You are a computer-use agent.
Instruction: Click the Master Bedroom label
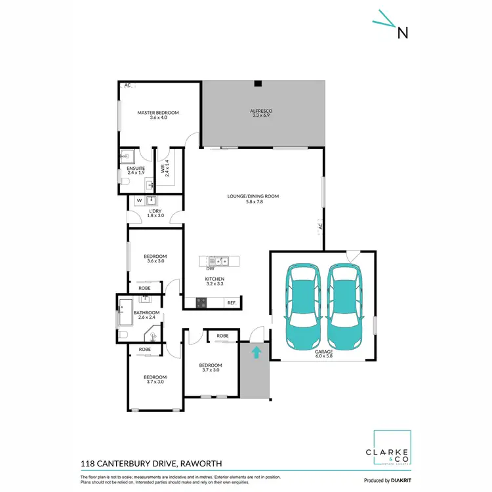tap(157, 113)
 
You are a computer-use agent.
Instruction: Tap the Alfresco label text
tap(261, 112)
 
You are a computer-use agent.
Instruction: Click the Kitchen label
tap(215, 279)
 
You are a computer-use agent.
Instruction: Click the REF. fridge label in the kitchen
tap(232, 302)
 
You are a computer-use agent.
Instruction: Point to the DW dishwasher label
tap(211, 268)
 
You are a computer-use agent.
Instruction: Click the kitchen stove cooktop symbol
tap(201, 302)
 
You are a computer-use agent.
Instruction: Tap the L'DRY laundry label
tap(155, 212)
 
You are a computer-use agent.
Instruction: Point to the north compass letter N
tap(403, 32)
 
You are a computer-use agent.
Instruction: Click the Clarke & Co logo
tap(392, 450)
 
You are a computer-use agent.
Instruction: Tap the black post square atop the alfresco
tap(258, 83)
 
